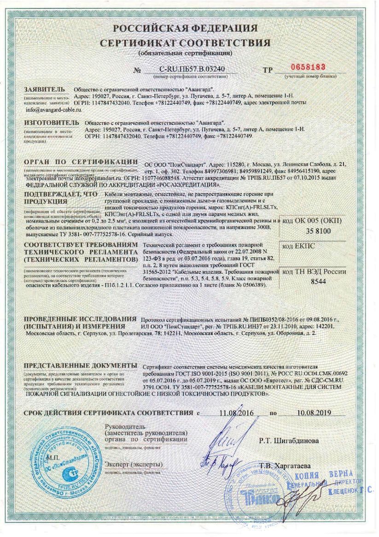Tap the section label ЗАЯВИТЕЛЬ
tap(44, 89)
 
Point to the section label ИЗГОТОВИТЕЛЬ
tap(48, 123)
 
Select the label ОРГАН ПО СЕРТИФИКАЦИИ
tap(80, 162)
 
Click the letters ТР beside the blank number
tap(267, 70)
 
